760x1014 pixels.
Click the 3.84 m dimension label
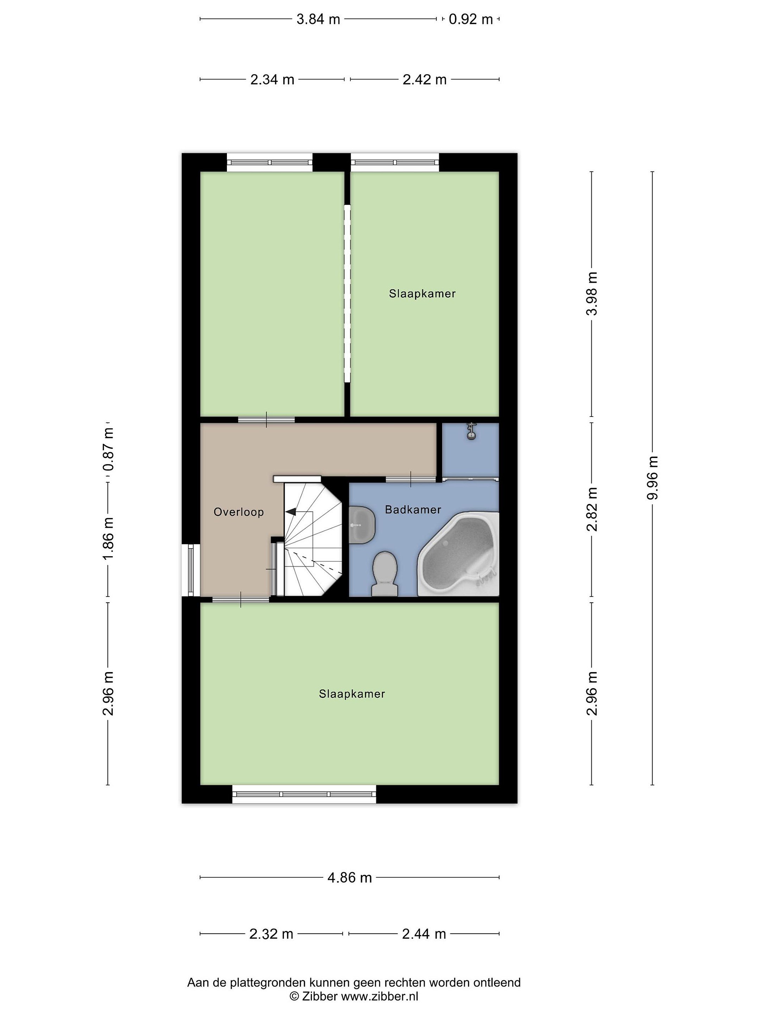click(x=318, y=19)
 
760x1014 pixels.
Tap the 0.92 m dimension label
click(x=470, y=19)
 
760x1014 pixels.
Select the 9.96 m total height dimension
click(x=653, y=478)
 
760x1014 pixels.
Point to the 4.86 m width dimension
click(x=349, y=878)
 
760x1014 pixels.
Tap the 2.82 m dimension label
click(x=592, y=509)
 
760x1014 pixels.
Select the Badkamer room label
click(x=413, y=510)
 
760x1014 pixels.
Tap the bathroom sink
click(x=362, y=525)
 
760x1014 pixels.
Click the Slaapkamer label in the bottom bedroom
click(x=352, y=694)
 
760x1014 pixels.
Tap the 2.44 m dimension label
click(x=424, y=934)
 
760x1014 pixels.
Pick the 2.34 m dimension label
click(x=272, y=80)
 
